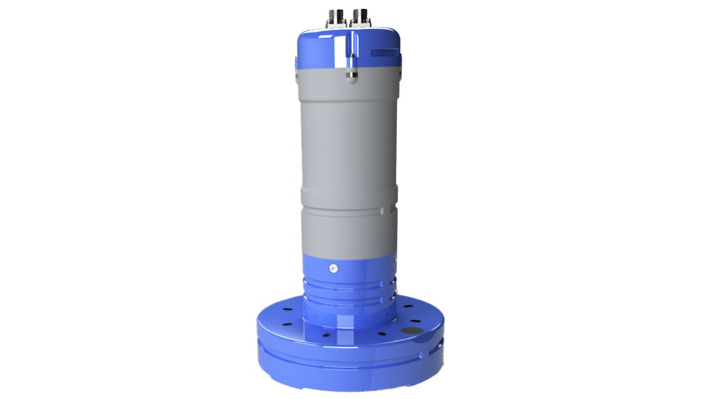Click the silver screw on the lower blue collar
click(331, 269)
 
